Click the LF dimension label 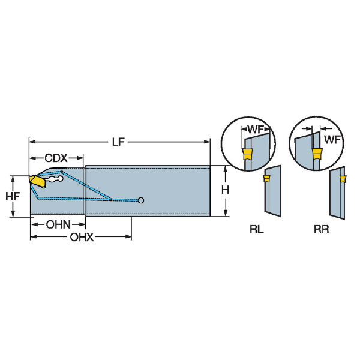click(118, 142)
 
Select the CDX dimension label click(56, 158)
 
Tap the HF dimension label click(13, 196)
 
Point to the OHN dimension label click(58, 224)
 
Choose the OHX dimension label click(82, 237)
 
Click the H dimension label click(225, 190)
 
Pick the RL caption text click(256, 229)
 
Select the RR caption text click(321, 229)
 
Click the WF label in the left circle click(256, 130)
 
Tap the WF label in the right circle click(332, 140)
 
